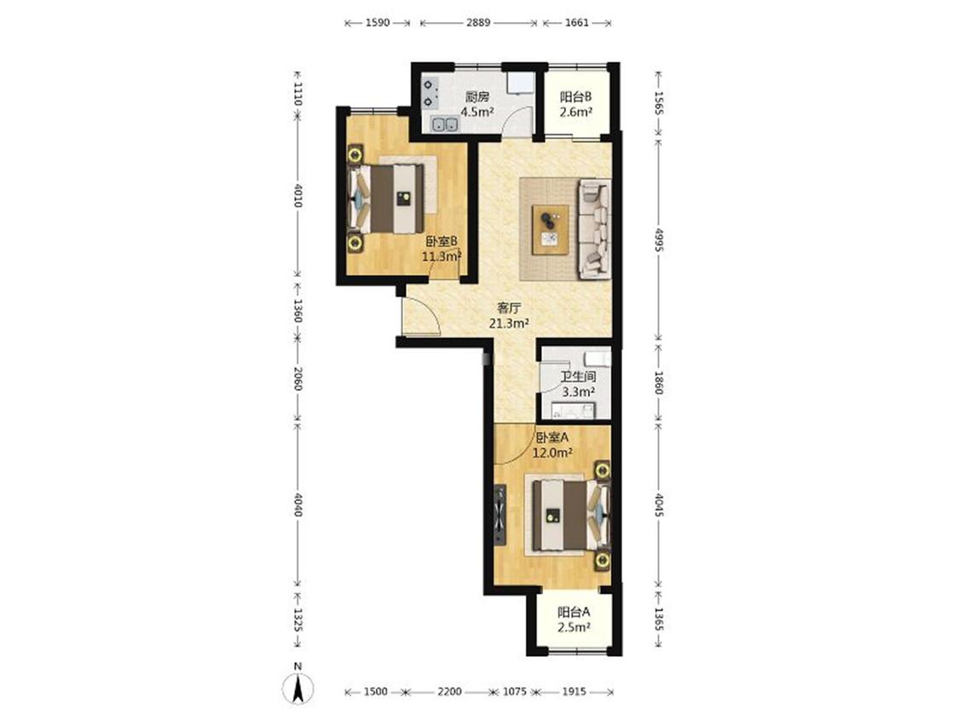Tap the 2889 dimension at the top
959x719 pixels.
click(x=478, y=23)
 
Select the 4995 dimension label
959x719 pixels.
click(x=659, y=240)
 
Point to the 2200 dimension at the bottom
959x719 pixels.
click(x=449, y=692)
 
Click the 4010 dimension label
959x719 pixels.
click(x=298, y=195)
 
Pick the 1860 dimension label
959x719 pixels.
click(x=659, y=383)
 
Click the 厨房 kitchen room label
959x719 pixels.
click(x=477, y=96)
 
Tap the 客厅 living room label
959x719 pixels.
click(x=508, y=308)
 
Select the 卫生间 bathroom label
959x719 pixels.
click(x=578, y=377)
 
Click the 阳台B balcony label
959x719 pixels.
click(x=575, y=96)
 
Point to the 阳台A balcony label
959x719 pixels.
click(x=574, y=612)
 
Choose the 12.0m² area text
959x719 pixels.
click(x=552, y=453)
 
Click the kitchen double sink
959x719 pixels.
click(x=445, y=124)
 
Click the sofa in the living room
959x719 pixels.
click(x=595, y=228)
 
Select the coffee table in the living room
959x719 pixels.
click(x=551, y=229)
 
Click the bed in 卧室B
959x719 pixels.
click(x=386, y=198)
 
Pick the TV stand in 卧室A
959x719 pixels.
click(x=500, y=514)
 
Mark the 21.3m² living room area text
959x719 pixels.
click(x=509, y=324)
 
